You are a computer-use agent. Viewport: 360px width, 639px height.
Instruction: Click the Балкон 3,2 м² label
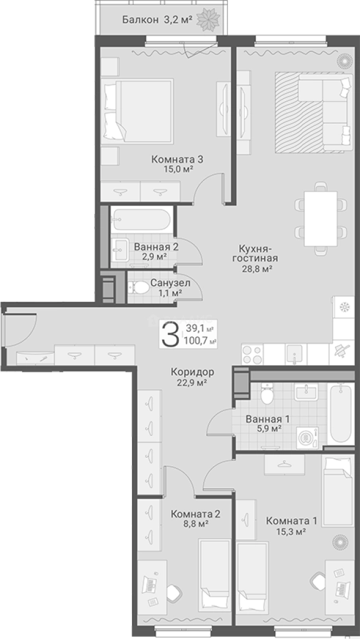click(x=157, y=19)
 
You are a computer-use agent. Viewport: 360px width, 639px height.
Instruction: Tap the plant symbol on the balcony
click(x=208, y=18)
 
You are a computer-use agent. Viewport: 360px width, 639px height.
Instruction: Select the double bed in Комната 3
click(x=138, y=111)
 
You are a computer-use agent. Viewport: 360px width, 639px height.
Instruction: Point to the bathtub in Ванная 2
click(x=141, y=220)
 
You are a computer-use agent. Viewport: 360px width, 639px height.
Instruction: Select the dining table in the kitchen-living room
click(x=321, y=218)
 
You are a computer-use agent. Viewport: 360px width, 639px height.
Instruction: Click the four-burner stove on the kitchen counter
click(x=252, y=354)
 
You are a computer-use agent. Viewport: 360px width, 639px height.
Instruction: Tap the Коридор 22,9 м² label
click(x=193, y=377)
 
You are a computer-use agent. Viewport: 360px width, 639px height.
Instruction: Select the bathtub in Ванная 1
click(x=341, y=414)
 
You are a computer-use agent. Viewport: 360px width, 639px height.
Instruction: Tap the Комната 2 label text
click(x=196, y=514)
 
